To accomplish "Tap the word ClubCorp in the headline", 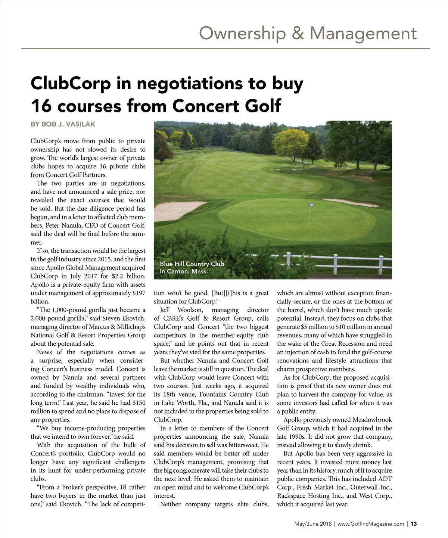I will pos(71,83).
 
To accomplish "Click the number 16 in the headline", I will pos(40,106).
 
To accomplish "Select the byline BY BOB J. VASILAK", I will pos(63,124).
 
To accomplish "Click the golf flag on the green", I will pos(311,205).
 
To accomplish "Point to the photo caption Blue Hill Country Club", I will pos(192,264).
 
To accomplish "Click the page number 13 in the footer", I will pos(414,524).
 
